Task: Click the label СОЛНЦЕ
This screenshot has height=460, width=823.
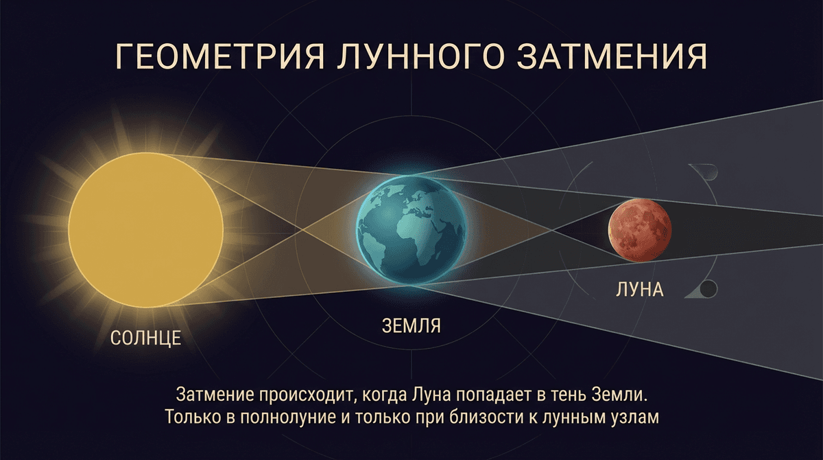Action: (x=145, y=338)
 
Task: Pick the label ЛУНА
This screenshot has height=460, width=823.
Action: (x=639, y=289)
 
